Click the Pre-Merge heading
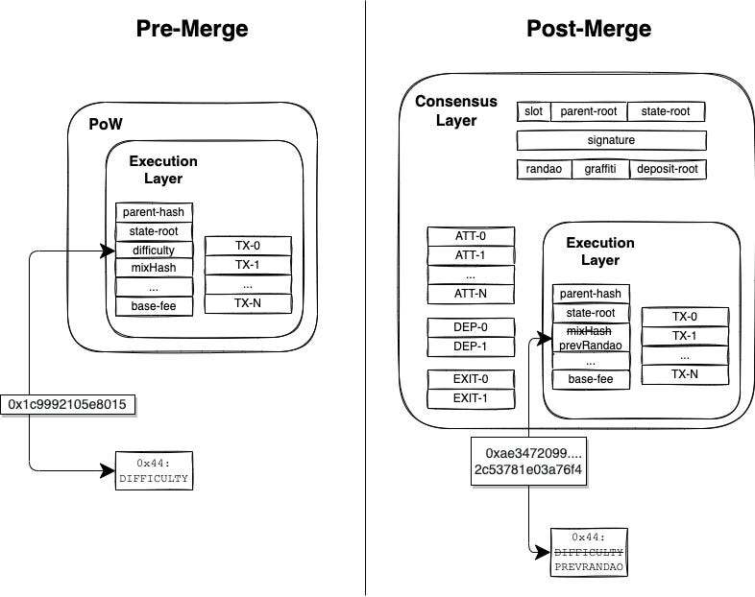click(x=192, y=29)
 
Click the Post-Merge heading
click(x=589, y=29)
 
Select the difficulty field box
click(x=154, y=251)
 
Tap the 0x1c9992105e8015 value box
click(x=68, y=404)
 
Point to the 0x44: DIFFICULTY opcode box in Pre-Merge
click(x=154, y=471)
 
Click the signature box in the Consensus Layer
click(x=612, y=140)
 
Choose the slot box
click(x=533, y=111)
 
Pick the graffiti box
click(x=600, y=169)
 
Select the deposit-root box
click(x=668, y=169)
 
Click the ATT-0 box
click(x=471, y=236)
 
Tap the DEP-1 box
click(x=471, y=346)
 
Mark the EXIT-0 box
click(x=471, y=379)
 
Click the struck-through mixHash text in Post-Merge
click(x=590, y=331)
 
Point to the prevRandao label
click(x=591, y=345)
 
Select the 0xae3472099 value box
click(x=528, y=462)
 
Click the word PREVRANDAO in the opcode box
click(x=589, y=566)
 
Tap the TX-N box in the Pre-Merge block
click(x=248, y=303)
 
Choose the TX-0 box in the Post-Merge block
click(x=685, y=317)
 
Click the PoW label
click(x=106, y=124)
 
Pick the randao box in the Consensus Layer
click(x=544, y=169)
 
